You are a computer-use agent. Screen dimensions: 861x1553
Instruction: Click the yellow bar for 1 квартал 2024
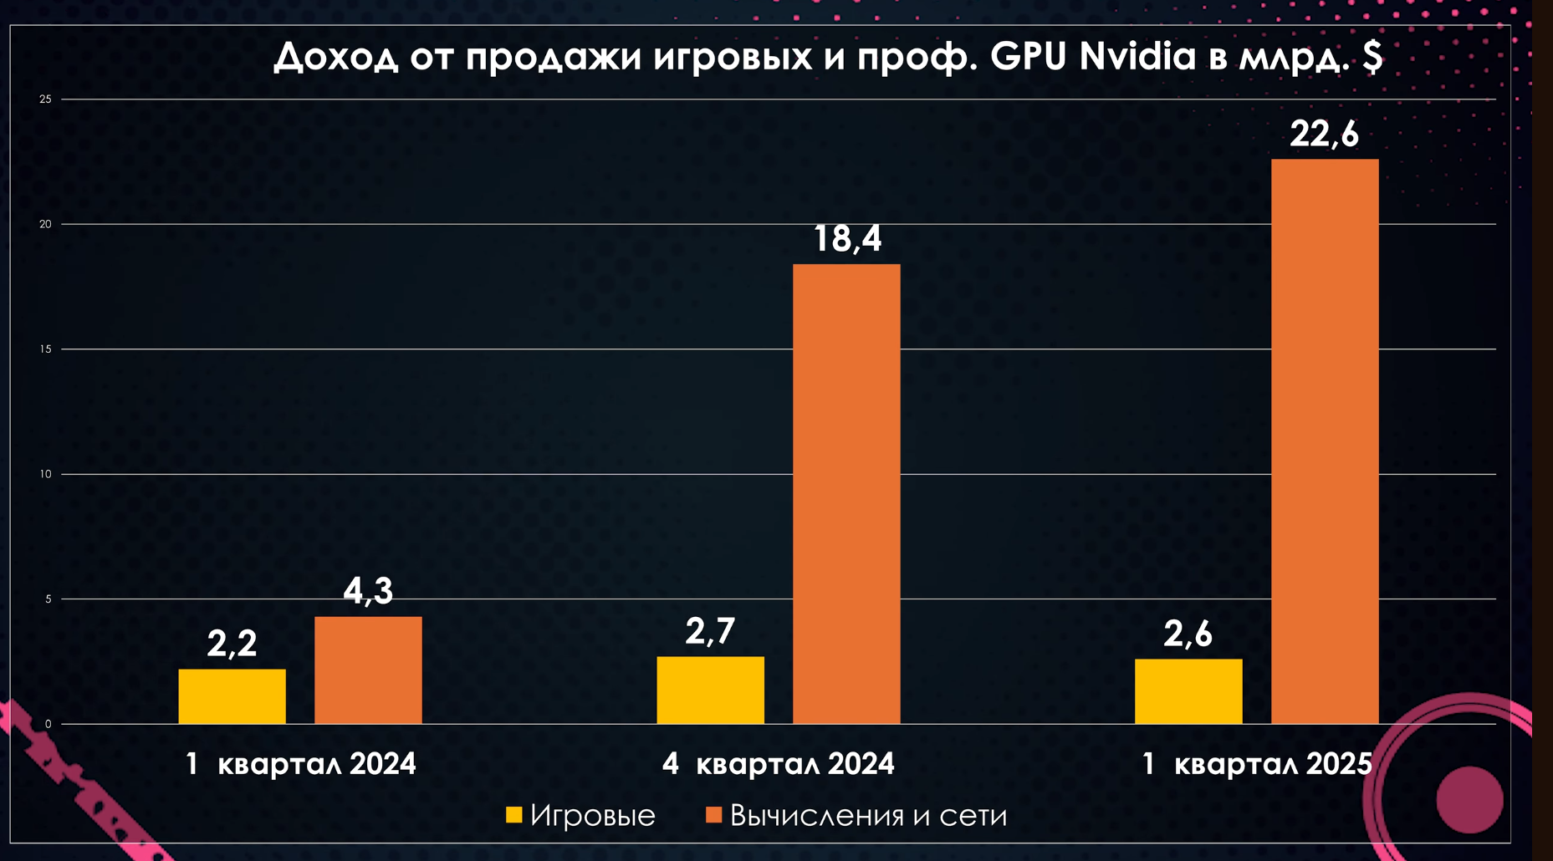[232, 696]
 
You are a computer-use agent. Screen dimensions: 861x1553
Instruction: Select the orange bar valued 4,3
[368, 670]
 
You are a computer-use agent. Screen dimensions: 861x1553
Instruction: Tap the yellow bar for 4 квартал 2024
[710, 690]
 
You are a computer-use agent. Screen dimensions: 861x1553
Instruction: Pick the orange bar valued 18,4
[846, 493]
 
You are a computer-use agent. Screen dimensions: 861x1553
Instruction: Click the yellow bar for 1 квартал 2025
[1188, 691]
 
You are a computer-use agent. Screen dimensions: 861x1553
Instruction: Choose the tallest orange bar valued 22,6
[1325, 441]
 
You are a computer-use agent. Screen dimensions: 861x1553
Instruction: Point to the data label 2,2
[232, 644]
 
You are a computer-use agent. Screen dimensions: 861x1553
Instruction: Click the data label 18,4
[847, 239]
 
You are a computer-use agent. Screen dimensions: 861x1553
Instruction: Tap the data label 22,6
[1325, 134]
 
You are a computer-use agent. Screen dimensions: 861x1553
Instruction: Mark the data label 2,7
[710, 631]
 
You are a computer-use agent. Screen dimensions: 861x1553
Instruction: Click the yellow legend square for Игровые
[514, 815]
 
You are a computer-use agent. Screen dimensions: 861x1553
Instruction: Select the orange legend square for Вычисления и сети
[713, 815]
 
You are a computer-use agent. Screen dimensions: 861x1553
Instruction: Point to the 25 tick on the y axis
[45, 99]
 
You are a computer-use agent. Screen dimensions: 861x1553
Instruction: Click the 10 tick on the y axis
[45, 474]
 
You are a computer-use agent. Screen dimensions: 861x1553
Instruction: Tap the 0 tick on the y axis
[48, 724]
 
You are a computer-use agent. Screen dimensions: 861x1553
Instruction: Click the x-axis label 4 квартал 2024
[778, 764]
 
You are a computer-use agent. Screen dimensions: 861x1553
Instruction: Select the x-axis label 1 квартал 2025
[1257, 764]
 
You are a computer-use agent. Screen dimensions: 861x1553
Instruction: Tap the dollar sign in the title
[1372, 57]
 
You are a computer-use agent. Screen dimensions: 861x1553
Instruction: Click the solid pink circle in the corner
[1469, 800]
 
